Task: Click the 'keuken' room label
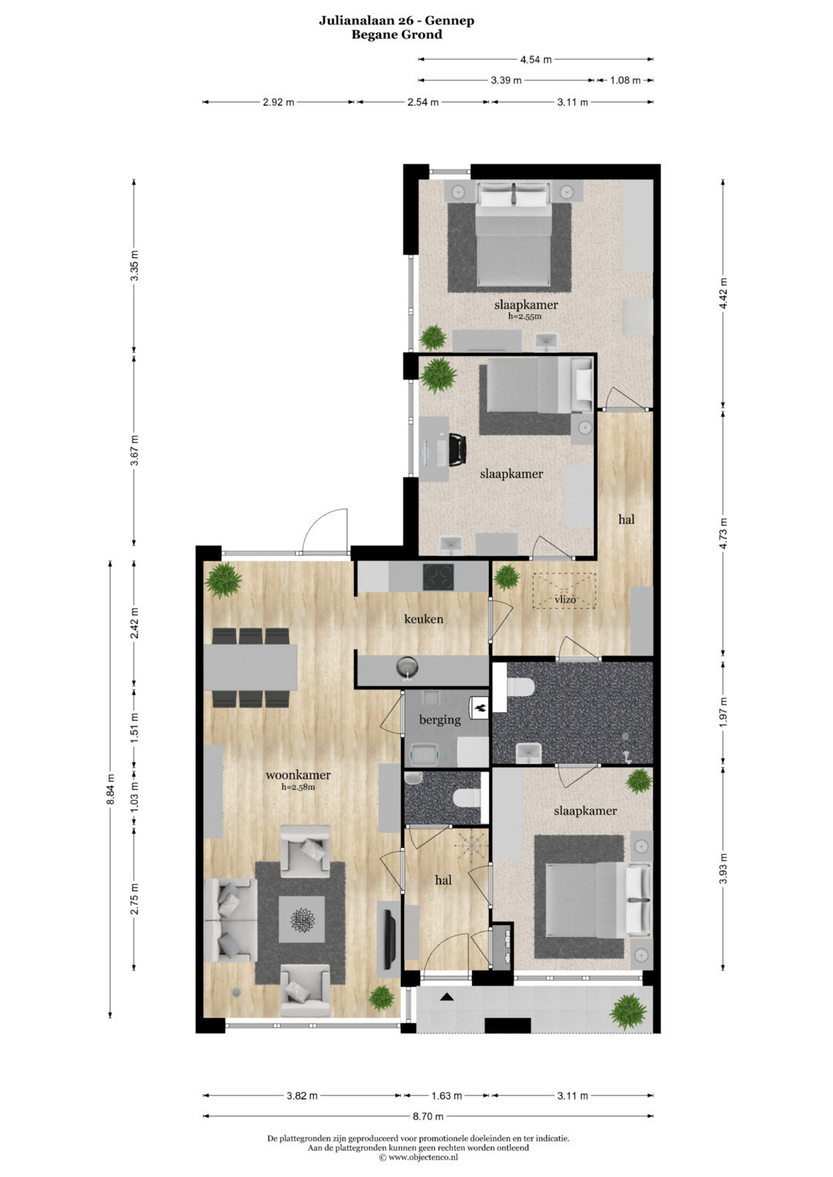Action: click(423, 619)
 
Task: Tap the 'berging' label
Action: click(440, 720)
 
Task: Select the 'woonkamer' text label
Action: click(298, 775)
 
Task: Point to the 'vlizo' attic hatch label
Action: click(565, 599)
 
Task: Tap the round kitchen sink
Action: click(406, 668)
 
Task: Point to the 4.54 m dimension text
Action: click(536, 59)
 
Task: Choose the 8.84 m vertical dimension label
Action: click(110, 789)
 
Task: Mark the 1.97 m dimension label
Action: click(723, 711)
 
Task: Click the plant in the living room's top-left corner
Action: click(223, 580)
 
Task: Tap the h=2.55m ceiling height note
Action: click(524, 316)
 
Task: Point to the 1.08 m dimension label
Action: click(626, 80)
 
